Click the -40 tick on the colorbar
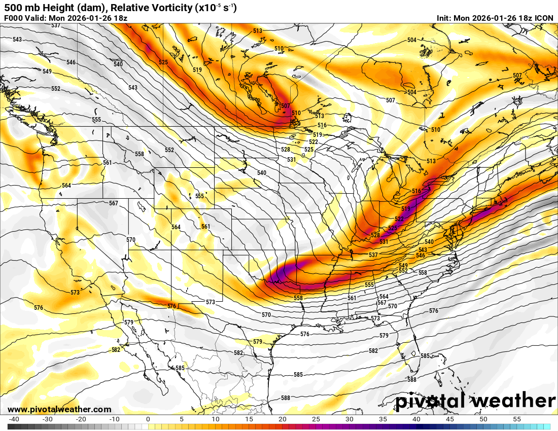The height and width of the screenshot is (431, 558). click(14, 419)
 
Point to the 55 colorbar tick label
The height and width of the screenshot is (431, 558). click(517, 419)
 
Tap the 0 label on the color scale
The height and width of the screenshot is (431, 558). click(148, 419)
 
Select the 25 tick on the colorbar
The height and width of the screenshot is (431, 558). click(316, 419)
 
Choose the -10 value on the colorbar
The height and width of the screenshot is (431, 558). click(114, 419)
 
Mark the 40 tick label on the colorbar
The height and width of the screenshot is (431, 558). click(416, 419)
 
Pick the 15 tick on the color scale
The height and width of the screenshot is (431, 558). click(249, 419)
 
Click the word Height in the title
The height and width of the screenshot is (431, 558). click(52, 8)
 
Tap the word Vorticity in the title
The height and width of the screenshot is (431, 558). click(155, 8)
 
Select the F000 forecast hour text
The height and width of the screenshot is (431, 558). click(13, 18)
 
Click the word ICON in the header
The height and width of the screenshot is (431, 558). click(544, 18)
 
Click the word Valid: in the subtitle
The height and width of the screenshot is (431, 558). click(36, 18)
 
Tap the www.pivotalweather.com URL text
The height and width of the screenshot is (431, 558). click(59, 409)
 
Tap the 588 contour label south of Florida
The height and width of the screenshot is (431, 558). click(411, 379)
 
